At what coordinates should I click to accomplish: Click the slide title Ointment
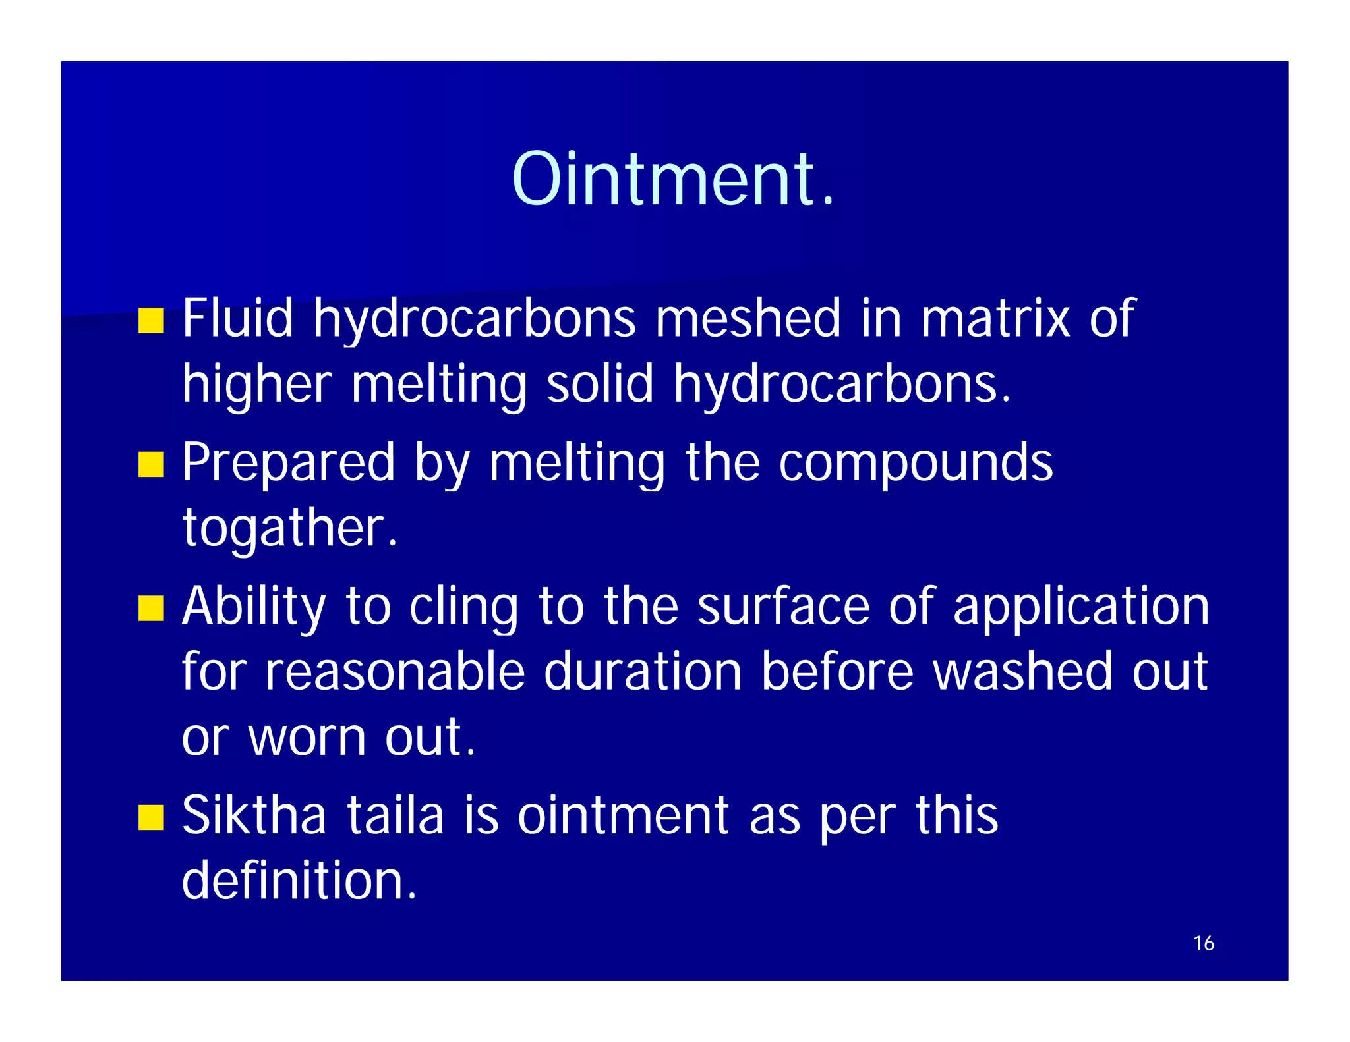tap(673, 179)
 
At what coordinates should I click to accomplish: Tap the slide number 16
tap(1203, 943)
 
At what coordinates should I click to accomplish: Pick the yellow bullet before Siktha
tap(151, 817)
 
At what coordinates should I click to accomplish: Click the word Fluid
tap(237, 318)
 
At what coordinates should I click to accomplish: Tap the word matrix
tap(995, 318)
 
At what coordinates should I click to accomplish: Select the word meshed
tap(748, 318)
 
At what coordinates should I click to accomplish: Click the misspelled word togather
tap(290, 528)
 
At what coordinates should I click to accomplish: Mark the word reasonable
tap(395, 672)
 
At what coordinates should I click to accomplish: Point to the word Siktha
tap(254, 815)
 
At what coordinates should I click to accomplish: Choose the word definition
tap(299, 881)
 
